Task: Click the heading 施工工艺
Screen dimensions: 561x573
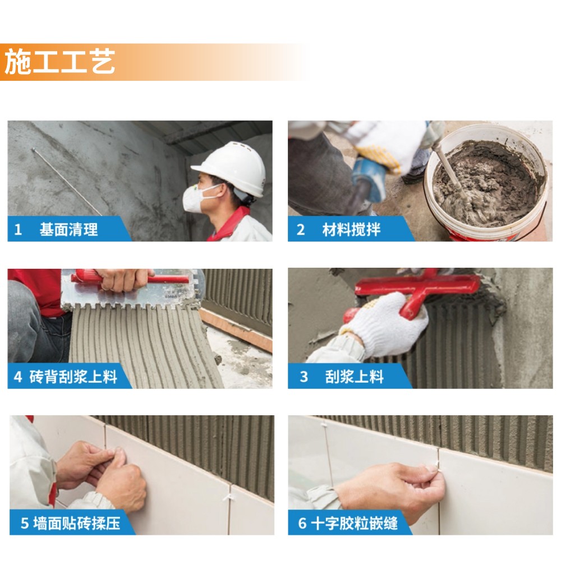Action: (59, 62)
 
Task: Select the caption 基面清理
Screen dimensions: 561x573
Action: (68, 230)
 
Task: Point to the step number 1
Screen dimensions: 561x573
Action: (18, 230)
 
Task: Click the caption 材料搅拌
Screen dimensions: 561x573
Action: (351, 230)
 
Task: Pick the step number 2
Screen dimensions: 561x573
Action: (301, 230)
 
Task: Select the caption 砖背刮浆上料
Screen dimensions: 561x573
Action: (73, 377)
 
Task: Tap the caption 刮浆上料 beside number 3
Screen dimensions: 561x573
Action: (354, 377)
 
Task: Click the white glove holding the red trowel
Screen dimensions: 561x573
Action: (384, 326)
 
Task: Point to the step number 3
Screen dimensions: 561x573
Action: (304, 377)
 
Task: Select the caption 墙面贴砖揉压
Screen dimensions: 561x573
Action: (76, 523)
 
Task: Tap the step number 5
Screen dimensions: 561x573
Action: (25, 523)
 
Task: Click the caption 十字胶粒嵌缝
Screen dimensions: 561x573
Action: (354, 523)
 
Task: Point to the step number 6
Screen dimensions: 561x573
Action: (302, 523)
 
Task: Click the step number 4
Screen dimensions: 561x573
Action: (18, 377)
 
